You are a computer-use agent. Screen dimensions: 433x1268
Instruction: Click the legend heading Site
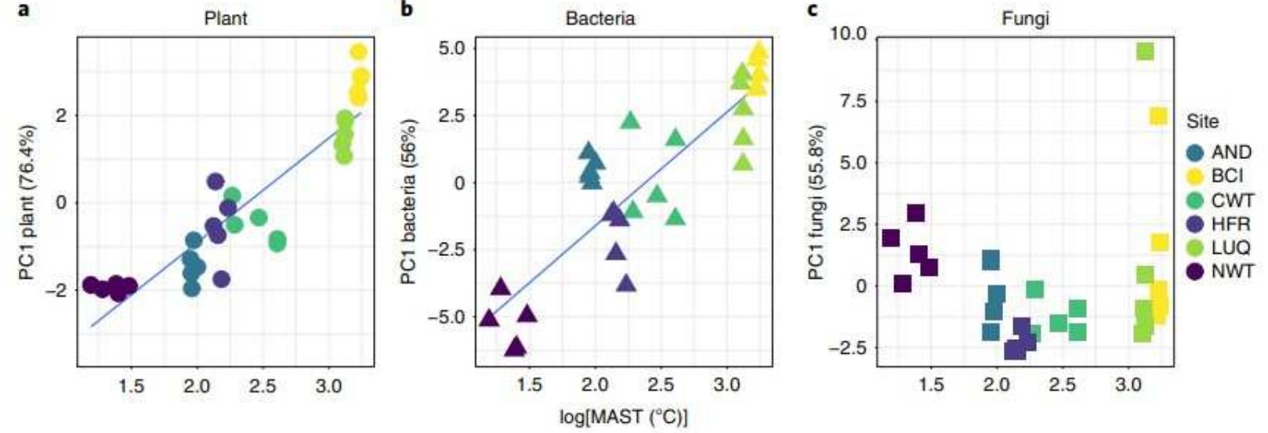click(x=1202, y=122)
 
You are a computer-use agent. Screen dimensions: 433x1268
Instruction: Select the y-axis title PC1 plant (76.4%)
click(x=31, y=204)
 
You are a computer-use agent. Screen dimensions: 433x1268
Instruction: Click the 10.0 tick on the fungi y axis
click(x=850, y=34)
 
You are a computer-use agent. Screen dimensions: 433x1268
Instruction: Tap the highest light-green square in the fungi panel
click(x=1145, y=52)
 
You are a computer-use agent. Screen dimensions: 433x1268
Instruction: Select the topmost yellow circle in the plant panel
click(x=358, y=52)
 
